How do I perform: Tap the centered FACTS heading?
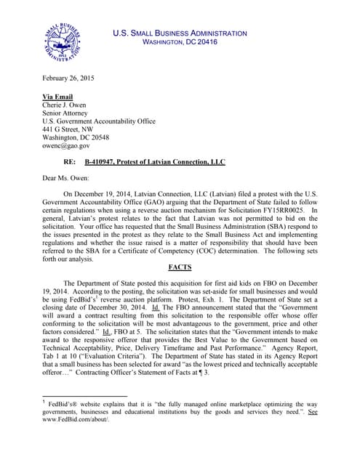pyautogui.click(x=180, y=267)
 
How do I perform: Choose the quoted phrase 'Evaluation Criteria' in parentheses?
pyautogui.click(x=113, y=353)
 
